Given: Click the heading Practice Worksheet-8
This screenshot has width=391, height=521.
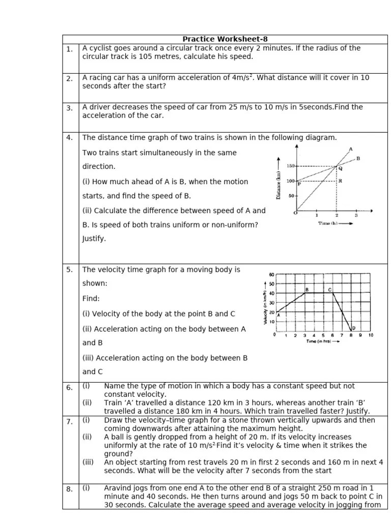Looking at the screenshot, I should [x=225, y=39].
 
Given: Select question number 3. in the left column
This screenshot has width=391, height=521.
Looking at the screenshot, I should [x=69, y=108].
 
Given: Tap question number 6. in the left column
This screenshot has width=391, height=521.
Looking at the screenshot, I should [x=69, y=388].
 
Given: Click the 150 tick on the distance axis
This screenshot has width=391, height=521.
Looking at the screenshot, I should [x=290, y=166].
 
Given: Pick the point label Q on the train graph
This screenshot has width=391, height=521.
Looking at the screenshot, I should [x=340, y=168].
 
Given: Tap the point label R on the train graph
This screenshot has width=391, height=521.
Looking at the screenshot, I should [x=340, y=181].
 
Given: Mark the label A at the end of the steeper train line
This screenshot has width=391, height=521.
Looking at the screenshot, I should [x=350, y=149].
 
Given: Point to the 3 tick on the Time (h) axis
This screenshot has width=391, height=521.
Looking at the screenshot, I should [x=356, y=216].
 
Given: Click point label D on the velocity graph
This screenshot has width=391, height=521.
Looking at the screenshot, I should [x=353, y=328].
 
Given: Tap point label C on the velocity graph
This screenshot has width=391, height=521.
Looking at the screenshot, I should [x=329, y=290].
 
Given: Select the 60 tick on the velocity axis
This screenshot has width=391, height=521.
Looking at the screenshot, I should [x=271, y=275].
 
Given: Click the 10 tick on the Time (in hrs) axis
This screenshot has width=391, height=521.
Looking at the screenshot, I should [x=370, y=335].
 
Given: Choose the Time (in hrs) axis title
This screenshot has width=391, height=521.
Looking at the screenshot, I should [x=322, y=342].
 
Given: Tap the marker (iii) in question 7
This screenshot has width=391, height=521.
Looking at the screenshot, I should [x=89, y=462].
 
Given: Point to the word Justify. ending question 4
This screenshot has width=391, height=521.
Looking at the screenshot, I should [x=94, y=239].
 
